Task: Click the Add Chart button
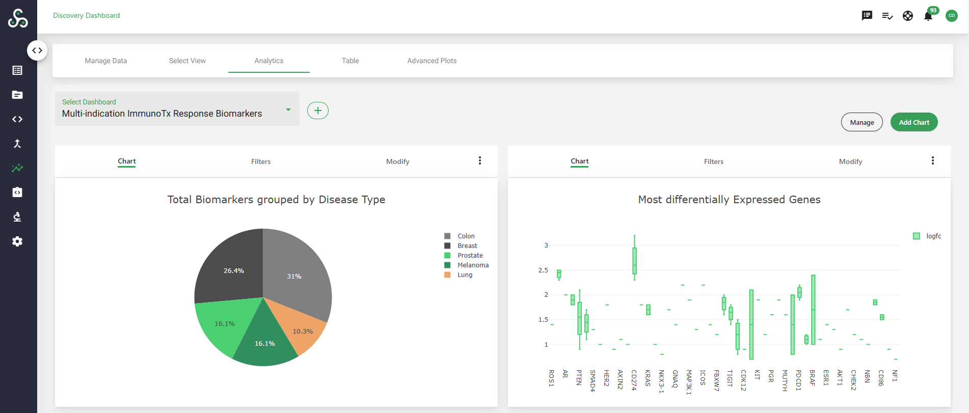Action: coord(913,122)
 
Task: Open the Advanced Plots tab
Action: coord(432,61)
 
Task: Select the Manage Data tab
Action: coord(105,61)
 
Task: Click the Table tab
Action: coord(350,61)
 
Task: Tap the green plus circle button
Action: coord(317,111)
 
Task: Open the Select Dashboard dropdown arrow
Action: coord(288,109)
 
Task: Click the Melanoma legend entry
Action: coord(472,265)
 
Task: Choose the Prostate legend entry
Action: coord(470,256)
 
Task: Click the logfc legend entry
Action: coord(933,236)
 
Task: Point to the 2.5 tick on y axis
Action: coord(543,270)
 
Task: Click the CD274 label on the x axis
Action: coord(634,380)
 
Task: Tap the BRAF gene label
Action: coord(812,377)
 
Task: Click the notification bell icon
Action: coord(928,16)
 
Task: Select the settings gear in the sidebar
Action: coord(17,241)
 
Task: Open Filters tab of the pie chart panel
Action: coord(260,161)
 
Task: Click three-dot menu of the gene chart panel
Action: coord(932,160)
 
